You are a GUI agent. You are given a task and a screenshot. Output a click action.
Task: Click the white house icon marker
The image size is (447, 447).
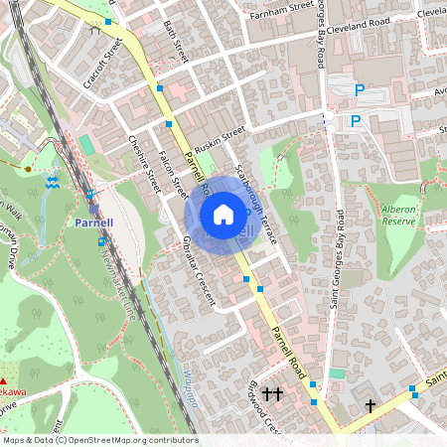[223, 214]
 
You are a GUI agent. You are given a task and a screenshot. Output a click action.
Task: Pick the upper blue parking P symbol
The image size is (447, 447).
[360, 90]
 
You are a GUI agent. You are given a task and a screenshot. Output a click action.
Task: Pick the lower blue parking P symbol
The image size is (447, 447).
[355, 121]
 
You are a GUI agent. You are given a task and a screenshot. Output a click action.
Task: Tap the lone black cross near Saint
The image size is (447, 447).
[371, 405]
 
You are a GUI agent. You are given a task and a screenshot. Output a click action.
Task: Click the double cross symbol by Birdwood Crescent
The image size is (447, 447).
[271, 395]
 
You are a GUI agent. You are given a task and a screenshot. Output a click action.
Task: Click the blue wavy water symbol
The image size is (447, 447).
[52, 182]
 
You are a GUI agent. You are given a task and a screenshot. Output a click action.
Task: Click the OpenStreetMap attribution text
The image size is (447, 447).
[99, 440]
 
